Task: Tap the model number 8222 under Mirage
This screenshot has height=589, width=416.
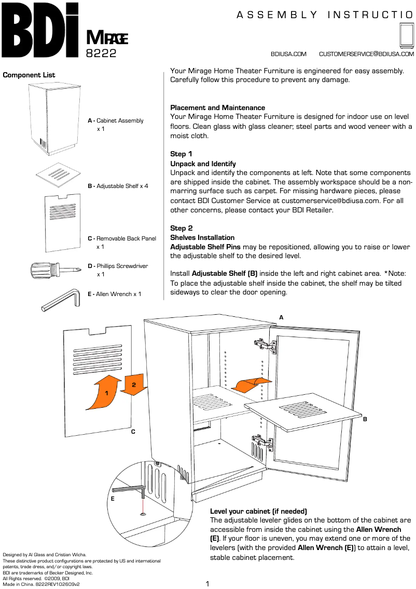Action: coord(101,53)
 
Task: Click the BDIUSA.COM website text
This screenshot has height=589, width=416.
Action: coord(288,54)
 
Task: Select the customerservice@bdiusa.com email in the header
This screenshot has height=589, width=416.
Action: coord(366,54)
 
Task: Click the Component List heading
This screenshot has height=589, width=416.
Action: coord(29,75)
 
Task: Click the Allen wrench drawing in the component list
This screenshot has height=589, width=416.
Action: coord(60,300)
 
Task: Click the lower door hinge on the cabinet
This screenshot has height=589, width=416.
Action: coord(262,443)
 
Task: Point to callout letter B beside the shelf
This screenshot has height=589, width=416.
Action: coord(365,419)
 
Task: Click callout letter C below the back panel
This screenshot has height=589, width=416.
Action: coord(133,431)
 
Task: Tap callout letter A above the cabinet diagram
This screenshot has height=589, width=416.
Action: coord(281,317)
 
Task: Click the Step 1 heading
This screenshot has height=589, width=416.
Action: coord(181,154)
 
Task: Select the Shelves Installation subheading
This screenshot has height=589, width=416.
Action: coord(202,237)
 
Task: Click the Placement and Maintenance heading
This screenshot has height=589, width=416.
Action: coord(217,108)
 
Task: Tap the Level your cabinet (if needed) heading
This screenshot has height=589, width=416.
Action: coord(258,511)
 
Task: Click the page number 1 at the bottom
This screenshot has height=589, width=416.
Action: coord(207,584)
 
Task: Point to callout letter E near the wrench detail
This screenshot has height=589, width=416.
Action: coord(113,499)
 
